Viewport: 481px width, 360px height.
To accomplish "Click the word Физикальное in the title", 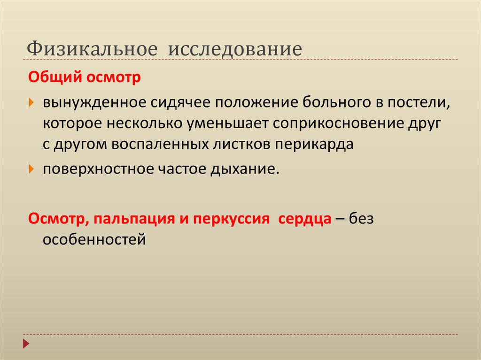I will click(91, 49).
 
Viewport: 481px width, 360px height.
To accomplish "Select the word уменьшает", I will click(228, 123).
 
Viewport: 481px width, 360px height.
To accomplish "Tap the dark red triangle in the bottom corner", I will click(26, 343).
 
